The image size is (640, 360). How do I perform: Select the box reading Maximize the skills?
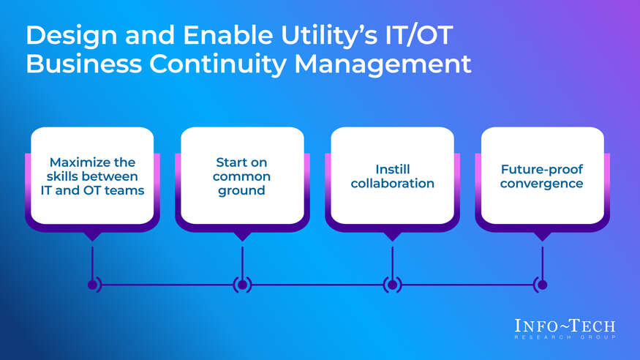click(x=92, y=176)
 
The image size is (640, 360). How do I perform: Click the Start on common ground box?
click(x=242, y=176)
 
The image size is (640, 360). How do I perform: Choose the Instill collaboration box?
click(x=393, y=176)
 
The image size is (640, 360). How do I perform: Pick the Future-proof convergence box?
click(x=542, y=176)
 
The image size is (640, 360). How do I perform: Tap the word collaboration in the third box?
click(x=393, y=183)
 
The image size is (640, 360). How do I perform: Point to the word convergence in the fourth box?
click(x=542, y=183)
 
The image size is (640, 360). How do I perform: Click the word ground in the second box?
click(x=242, y=190)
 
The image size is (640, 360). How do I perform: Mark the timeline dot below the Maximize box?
click(x=92, y=285)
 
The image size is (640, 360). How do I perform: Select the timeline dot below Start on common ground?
click(x=242, y=285)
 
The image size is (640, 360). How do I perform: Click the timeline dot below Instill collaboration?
click(x=393, y=285)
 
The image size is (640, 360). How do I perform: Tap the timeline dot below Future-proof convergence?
click(x=542, y=285)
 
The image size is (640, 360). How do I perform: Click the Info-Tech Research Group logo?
click(x=565, y=328)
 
